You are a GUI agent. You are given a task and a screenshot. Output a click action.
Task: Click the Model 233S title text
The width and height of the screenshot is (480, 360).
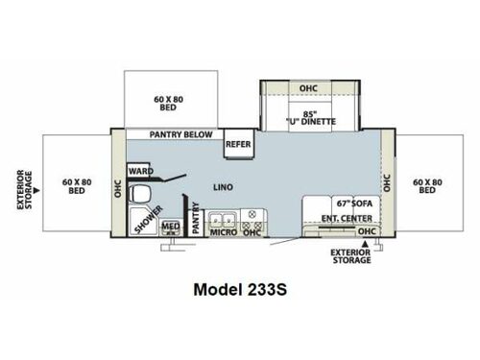coord(239,289)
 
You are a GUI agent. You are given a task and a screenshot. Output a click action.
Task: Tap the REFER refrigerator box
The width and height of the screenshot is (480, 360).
coord(238,144)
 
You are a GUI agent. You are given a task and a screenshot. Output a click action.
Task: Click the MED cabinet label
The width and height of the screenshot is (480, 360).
coord(171,227)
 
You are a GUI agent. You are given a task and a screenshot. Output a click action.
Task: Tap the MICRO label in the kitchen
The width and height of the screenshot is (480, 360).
coord(223,231)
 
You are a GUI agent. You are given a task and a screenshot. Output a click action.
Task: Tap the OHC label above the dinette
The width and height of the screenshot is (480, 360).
coord(307,89)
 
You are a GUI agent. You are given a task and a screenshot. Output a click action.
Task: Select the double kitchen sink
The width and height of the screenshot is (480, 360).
coord(222,215)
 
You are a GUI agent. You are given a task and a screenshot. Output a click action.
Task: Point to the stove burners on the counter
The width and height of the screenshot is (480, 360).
coord(252,215)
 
